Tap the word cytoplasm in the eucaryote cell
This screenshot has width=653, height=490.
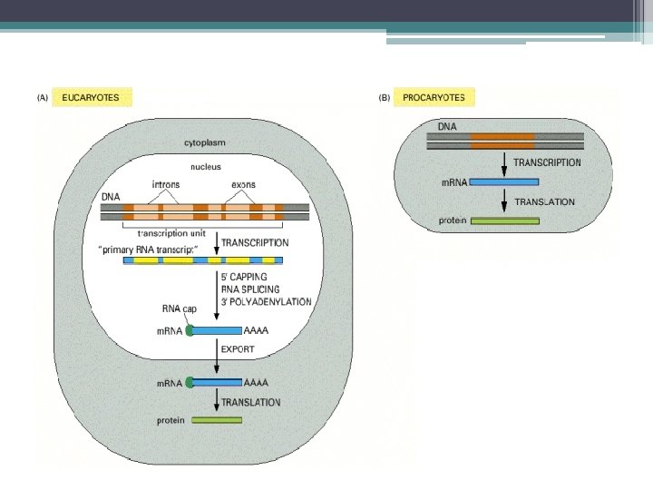pos(204,143)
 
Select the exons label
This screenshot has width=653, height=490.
pos(243,184)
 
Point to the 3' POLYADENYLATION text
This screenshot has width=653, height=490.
pos(267,301)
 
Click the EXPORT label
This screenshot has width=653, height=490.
pos(239,348)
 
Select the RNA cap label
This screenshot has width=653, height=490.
pos(179,309)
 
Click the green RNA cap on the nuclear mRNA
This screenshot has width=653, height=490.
pos(190,331)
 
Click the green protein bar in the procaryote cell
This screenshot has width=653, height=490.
pos(503,220)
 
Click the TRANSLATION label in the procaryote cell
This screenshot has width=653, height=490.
pos(544,201)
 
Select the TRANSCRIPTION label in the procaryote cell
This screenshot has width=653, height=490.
pos(547,162)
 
